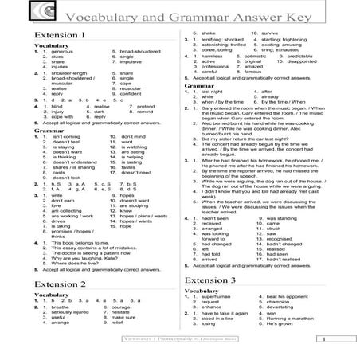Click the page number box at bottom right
coord(337,338)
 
